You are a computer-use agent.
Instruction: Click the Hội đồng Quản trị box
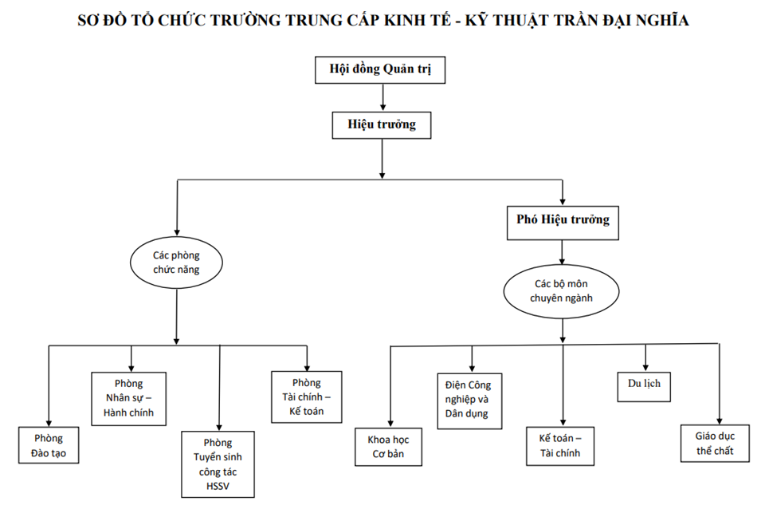pyautogui.click(x=381, y=69)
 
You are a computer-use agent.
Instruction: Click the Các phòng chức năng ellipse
pyautogui.click(x=176, y=263)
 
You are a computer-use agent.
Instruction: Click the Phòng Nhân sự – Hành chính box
pyautogui.click(x=129, y=397)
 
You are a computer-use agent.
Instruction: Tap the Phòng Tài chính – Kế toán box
pyautogui.click(x=306, y=397)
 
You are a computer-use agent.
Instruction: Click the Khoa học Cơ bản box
pyautogui.click(x=388, y=447)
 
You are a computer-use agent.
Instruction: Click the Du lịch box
pyautogui.click(x=645, y=385)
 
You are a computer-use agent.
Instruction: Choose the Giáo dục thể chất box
pyautogui.click(x=715, y=443)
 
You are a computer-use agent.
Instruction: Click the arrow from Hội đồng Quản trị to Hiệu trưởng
pyautogui.click(x=383, y=96)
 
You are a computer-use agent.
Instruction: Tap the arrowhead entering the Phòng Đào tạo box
pyautogui.click(x=49, y=423)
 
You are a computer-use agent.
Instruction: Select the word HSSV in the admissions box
pyautogui.click(x=218, y=486)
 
